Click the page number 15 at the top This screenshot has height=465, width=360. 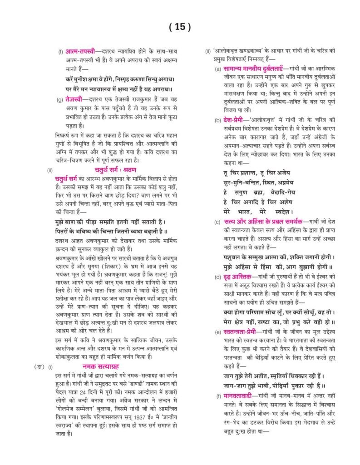(180, 27)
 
